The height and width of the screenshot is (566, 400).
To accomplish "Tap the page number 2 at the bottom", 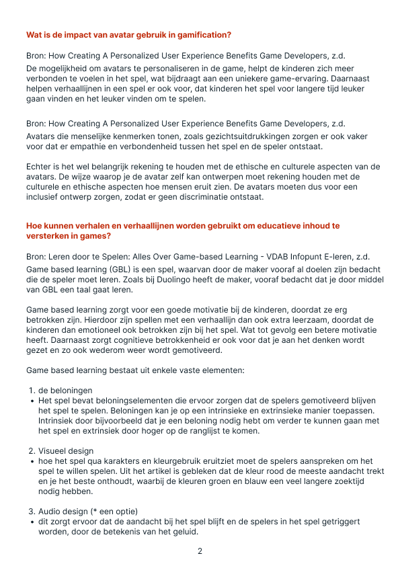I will click(200, 551).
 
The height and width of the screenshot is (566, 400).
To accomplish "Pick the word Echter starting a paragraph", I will click(39, 167).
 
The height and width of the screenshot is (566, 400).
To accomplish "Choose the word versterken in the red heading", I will click(49, 236).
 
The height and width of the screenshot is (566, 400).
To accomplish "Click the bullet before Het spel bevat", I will click(32, 401).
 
